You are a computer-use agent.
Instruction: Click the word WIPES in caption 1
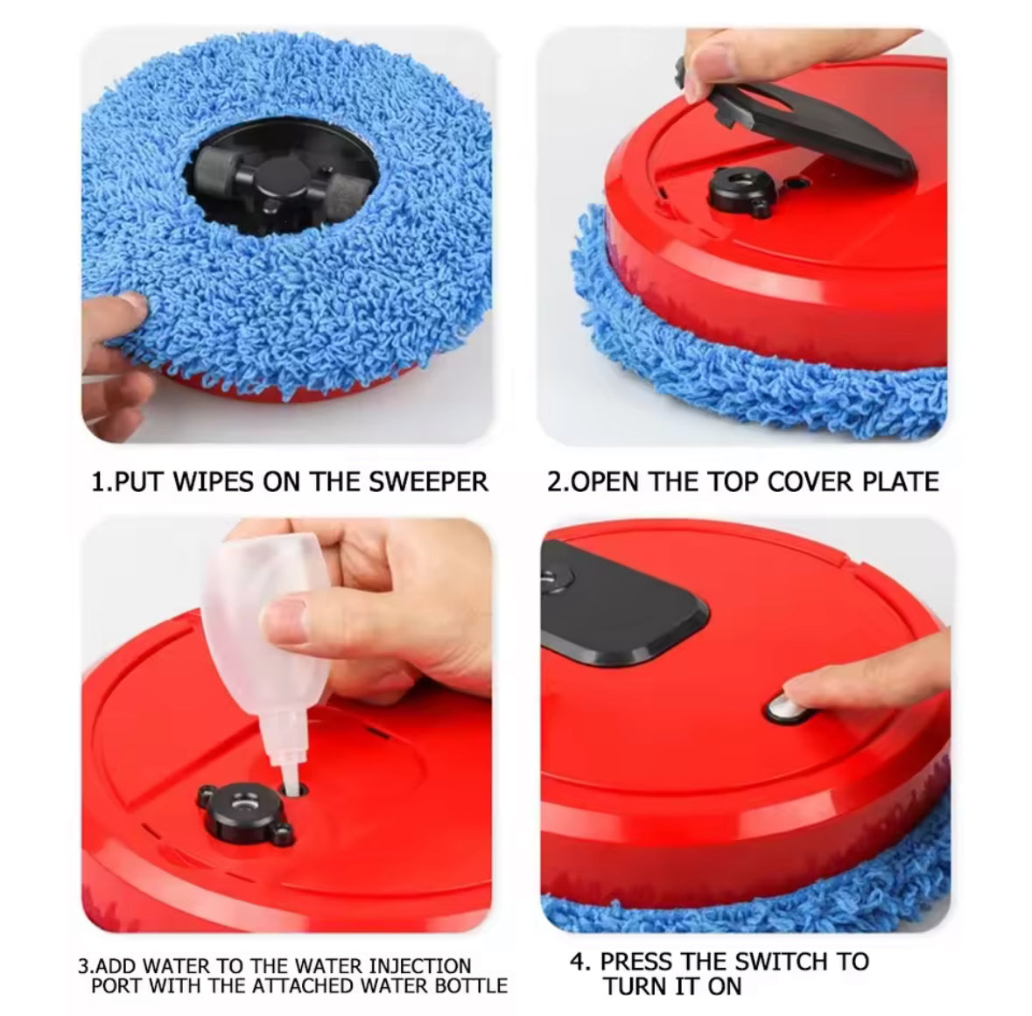pos(214,481)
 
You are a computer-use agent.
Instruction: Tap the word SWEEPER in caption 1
pos(428,481)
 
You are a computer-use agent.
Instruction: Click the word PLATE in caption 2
pos(901,481)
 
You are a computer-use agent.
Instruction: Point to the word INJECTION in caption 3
pos(420,966)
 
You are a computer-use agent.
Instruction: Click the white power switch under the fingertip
pos(784,709)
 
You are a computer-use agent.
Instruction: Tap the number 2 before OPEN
pos(555,481)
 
